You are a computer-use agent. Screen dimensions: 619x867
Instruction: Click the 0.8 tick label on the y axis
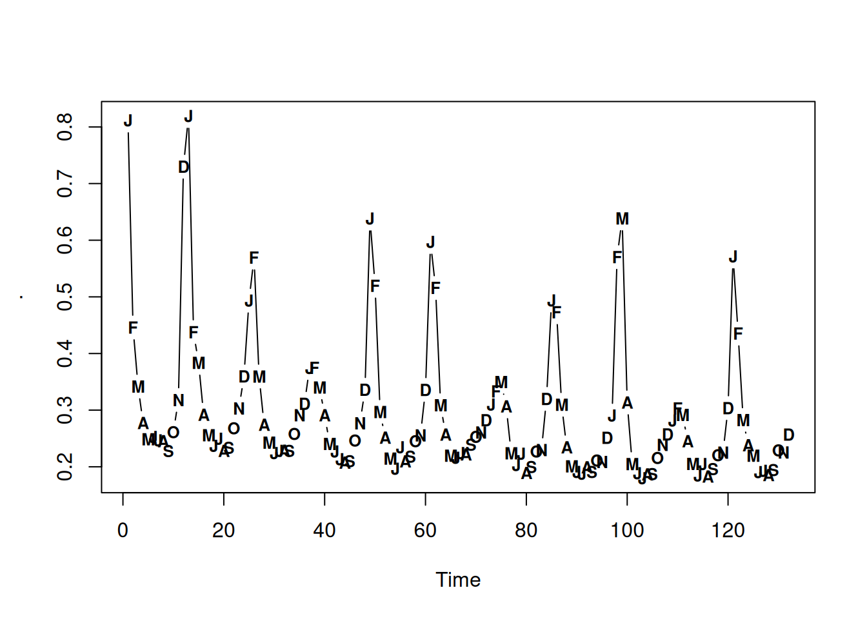(65, 127)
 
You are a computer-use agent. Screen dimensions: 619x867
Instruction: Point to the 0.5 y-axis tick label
(65, 297)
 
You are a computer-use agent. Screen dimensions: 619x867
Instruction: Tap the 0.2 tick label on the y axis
(65, 466)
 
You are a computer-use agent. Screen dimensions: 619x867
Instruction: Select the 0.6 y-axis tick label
(65, 240)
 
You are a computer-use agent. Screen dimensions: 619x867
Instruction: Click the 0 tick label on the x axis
(123, 531)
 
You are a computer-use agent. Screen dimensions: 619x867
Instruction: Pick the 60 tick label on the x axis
(425, 531)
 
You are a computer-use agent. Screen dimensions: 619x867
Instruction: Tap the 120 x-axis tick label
(728, 531)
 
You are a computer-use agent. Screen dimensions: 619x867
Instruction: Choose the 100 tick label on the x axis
(627, 531)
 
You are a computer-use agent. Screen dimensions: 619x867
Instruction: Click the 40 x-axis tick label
(324, 531)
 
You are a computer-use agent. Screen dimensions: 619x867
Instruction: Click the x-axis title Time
(458, 580)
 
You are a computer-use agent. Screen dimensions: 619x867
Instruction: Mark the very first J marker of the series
(128, 121)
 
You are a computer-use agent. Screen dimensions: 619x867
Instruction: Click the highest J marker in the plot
(188, 117)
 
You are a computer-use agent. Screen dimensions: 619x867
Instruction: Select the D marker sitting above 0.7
(183, 167)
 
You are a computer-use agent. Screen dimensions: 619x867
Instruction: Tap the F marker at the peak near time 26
(254, 258)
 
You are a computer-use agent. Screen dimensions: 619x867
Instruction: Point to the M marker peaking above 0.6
(622, 219)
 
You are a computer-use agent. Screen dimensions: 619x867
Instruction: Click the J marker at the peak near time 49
(370, 219)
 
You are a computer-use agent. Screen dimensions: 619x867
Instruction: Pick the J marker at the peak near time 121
(733, 257)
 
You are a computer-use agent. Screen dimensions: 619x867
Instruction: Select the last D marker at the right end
(788, 435)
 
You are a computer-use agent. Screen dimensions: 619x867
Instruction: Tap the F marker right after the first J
(133, 328)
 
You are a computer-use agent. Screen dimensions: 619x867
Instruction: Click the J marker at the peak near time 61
(430, 242)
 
